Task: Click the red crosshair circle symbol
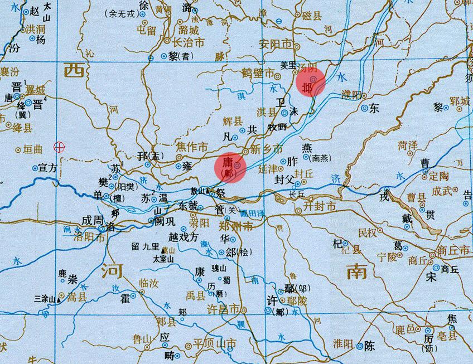[59, 147]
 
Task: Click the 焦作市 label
[192, 147]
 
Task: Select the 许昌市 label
[223, 308]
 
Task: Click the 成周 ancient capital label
[91, 221]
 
